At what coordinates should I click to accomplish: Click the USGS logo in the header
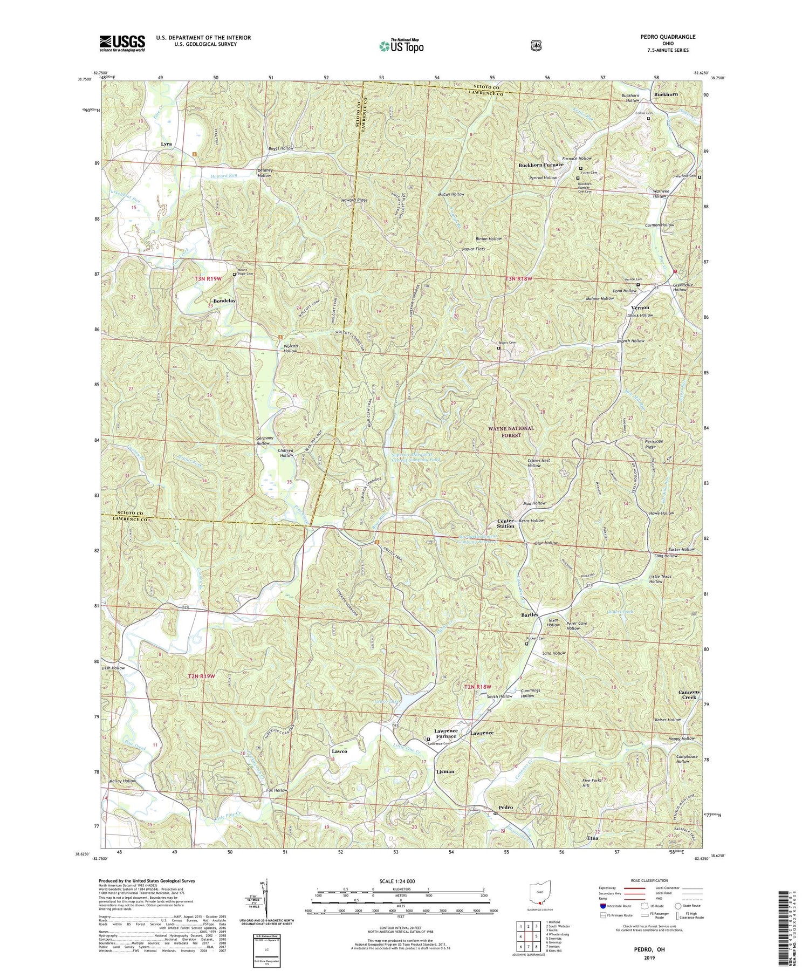tap(122, 43)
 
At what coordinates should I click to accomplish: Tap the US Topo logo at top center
tap(401, 46)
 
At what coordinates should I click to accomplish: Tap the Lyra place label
tap(166, 145)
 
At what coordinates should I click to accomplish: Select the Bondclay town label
tap(224, 301)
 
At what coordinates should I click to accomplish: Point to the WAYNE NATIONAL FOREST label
tap(511, 432)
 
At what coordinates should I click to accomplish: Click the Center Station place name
tap(505, 523)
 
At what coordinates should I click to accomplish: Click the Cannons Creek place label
tap(689, 694)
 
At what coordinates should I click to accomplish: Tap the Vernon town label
tap(640, 307)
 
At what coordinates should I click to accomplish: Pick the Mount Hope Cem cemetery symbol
tap(234, 275)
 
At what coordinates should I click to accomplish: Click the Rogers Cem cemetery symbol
tap(498, 348)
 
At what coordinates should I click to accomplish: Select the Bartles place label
tap(530, 615)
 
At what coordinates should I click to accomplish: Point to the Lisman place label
tap(445, 771)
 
